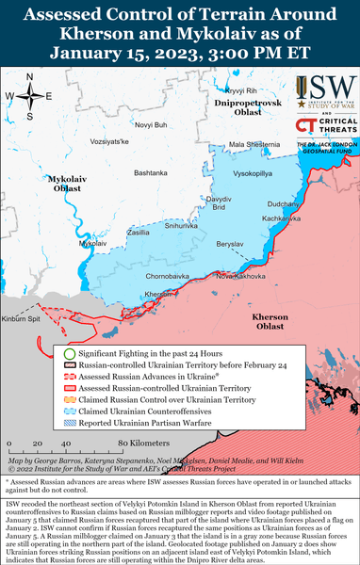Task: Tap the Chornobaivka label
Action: point(142,276)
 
